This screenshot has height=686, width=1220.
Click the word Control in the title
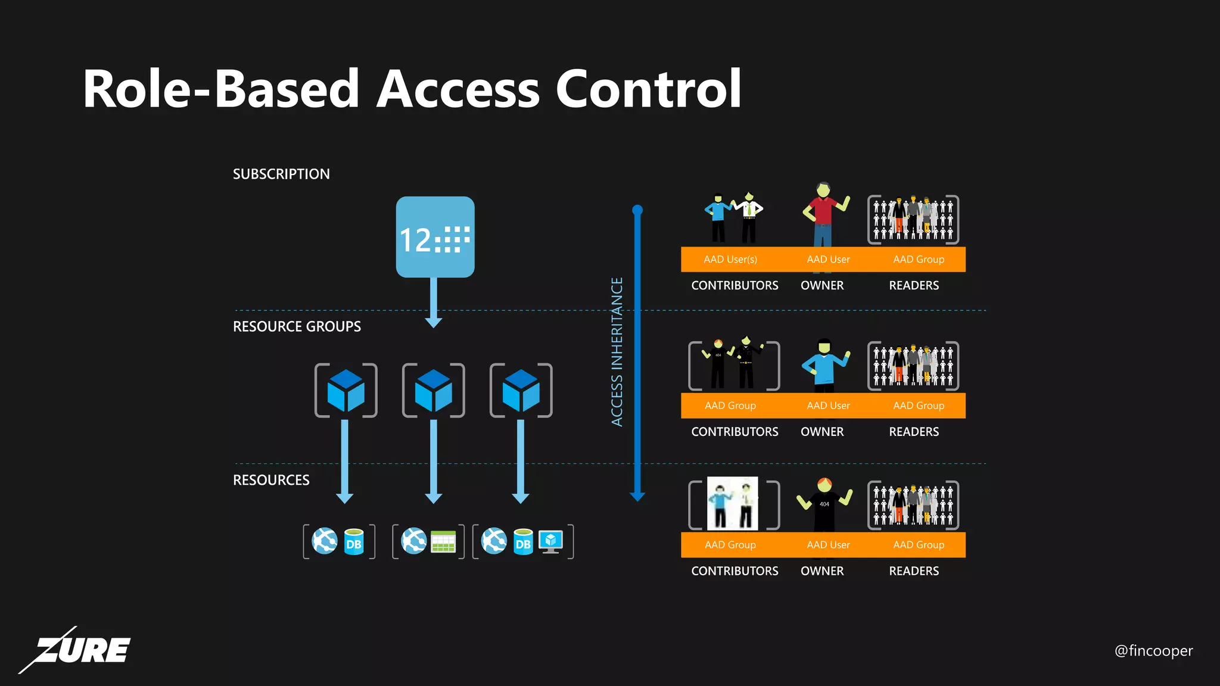[x=648, y=89]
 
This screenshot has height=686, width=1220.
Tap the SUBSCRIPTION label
[x=281, y=174]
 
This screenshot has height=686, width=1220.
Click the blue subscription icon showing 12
[x=435, y=237]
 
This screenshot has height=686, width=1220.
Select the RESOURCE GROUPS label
[x=297, y=326]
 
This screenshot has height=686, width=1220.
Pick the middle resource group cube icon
[x=433, y=391]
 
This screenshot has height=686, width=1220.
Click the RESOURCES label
[x=271, y=480]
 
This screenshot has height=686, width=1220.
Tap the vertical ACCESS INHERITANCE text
[x=617, y=351]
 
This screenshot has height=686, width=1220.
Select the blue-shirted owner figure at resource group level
[x=824, y=364]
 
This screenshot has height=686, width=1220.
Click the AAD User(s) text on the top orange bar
[x=730, y=260]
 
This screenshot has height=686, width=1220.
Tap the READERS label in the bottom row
[x=914, y=571]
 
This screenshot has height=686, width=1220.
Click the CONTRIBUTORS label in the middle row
[x=735, y=432]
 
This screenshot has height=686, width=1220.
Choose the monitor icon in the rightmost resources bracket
[x=550, y=541]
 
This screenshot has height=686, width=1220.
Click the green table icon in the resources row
[x=443, y=541]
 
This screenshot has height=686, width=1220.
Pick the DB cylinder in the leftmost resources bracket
[x=354, y=542]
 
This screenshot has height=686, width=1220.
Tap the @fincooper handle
[x=1153, y=650]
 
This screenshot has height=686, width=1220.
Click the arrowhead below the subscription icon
[x=434, y=322]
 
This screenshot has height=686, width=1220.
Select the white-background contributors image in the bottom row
[x=733, y=504]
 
